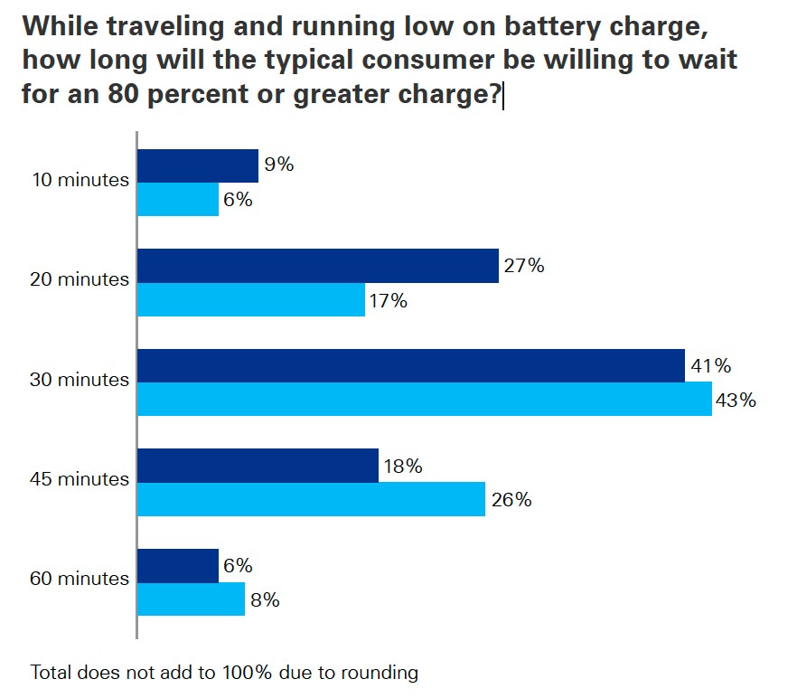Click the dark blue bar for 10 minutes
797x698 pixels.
pos(197,165)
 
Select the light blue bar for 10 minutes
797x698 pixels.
pos(177,200)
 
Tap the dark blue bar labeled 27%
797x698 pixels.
pos(317,266)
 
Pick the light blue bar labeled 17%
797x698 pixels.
pos(250,299)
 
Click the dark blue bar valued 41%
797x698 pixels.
pos(410,365)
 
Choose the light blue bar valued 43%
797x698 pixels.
pos(424,399)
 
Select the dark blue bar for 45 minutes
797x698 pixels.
pos(258,466)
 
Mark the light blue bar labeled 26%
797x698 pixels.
pos(311,499)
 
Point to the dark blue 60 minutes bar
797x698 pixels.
pos(177,565)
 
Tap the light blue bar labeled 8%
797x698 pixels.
pos(191,599)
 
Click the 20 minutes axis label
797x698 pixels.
pos(80,279)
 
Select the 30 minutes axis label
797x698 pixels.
pos(80,380)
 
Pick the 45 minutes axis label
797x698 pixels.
pos(80,479)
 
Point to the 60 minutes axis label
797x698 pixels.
pos(80,579)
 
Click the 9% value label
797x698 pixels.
pos(279,165)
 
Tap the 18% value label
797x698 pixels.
pos(403,467)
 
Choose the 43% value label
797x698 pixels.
pos(736,400)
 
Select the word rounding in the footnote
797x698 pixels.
pos(381,673)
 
